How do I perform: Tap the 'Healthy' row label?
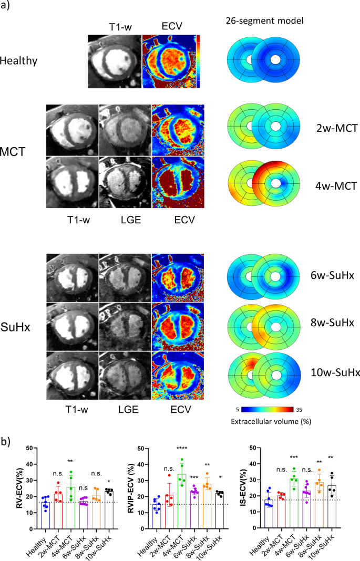[19, 60]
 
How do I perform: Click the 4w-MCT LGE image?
[124, 183]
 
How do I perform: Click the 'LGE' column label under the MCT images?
[124, 220]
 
